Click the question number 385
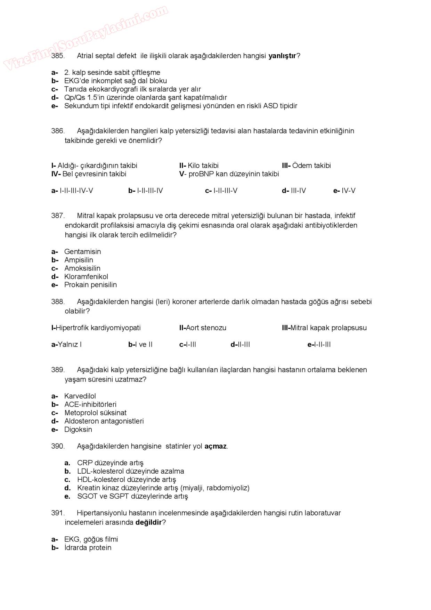pos(58,56)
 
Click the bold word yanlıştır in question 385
pos(282,56)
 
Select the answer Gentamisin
pos(82,251)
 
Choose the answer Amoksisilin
pos(82,268)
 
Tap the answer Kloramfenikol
pos(86,276)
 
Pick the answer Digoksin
pos(78,429)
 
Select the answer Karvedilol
pos(80,396)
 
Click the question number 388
pos(58,302)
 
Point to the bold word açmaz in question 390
pos(215,446)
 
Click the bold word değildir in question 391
pos(149,522)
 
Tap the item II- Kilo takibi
pos(199,166)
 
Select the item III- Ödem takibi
pos(306,166)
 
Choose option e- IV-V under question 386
pos(344,191)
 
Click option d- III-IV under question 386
pos(294,191)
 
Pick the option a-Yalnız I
pos(66,344)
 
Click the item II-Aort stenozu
pos(203,328)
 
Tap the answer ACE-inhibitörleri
pos(90,404)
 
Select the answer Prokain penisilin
pos(90,284)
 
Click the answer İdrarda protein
pos(88,547)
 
